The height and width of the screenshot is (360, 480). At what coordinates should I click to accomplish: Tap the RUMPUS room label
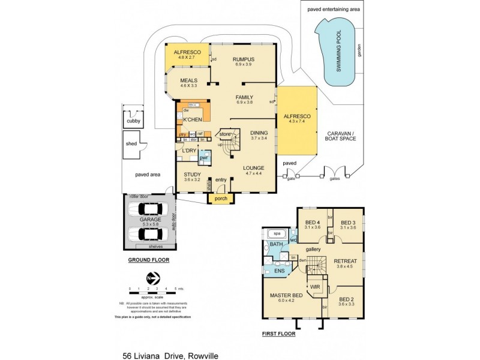pyautogui.click(x=244, y=59)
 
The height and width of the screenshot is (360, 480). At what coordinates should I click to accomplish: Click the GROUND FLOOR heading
pyautogui.click(x=148, y=260)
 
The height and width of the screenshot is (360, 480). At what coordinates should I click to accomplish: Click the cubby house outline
pyautogui.click(x=133, y=121)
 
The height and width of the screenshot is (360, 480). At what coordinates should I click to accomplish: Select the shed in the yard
pyautogui.click(x=131, y=145)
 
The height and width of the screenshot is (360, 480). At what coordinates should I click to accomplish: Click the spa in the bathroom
pyautogui.click(x=277, y=233)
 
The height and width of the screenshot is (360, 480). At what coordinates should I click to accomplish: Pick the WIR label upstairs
pyautogui.click(x=314, y=286)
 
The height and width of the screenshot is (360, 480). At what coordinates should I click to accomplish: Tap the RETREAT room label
pyautogui.click(x=346, y=261)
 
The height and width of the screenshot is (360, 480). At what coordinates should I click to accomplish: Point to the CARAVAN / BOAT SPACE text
pyautogui.click(x=341, y=136)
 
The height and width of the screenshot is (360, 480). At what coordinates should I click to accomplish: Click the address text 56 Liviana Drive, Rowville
pyautogui.click(x=170, y=356)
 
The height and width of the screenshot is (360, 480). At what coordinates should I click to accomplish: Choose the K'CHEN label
pyautogui.click(x=191, y=119)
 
